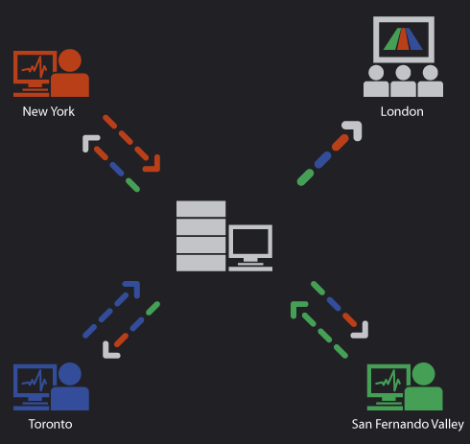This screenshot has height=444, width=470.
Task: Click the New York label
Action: click(x=48, y=111)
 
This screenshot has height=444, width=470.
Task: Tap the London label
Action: click(x=402, y=111)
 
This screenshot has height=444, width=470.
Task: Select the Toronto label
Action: click(x=50, y=424)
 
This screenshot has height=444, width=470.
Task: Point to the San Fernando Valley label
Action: click(x=408, y=424)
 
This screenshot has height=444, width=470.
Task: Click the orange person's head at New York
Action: click(x=70, y=60)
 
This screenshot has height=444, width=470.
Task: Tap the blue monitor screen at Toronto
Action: click(x=35, y=382)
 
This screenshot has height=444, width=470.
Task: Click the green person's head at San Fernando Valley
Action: click(x=424, y=374)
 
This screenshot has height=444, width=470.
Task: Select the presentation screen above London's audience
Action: click(x=404, y=39)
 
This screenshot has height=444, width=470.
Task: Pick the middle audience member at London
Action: click(x=403, y=81)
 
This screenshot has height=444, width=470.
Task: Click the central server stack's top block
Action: click(x=200, y=209)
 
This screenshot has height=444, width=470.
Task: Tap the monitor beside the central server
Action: click(x=250, y=247)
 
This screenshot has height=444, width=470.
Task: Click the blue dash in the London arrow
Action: click(x=322, y=160)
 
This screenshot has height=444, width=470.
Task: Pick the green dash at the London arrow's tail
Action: click(x=305, y=177)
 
